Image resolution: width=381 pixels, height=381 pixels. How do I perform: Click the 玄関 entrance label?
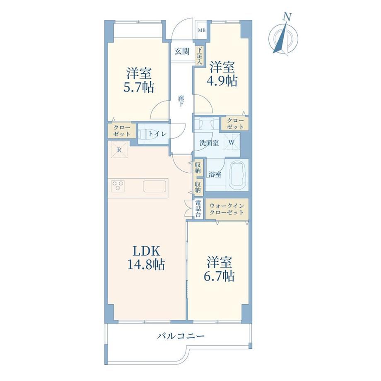[x=182, y=51]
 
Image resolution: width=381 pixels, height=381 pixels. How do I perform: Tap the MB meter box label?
[x=201, y=31]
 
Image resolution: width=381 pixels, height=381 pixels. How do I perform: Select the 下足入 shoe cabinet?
[x=200, y=55]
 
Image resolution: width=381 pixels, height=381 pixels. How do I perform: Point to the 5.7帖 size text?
[x=138, y=87]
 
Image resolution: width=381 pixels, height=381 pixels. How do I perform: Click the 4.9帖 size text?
[x=222, y=81]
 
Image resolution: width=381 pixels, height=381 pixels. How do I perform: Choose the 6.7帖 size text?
[x=219, y=276]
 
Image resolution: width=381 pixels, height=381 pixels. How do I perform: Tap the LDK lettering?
[x=146, y=251]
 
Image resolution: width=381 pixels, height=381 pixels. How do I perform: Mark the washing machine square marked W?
[x=231, y=142]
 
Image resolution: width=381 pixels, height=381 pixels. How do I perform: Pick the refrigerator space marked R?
[x=119, y=150]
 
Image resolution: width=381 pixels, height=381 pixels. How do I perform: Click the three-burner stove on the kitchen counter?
[x=118, y=186]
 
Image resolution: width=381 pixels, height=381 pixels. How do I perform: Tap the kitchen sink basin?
[x=154, y=186]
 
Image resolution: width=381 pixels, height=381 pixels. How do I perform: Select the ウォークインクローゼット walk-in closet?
[x=227, y=209]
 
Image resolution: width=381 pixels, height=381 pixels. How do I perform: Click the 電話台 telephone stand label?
[x=198, y=208]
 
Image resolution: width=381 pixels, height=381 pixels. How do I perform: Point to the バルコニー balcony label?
[x=180, y=336]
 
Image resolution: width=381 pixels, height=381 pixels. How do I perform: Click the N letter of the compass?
[x=287, y=17]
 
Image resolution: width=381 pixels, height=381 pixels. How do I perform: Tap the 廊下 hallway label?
[x=181, y=101]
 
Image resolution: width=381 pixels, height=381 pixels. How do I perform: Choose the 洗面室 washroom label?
[x=209, y=143]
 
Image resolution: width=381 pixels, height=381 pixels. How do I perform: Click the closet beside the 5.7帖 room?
[x=122, y=130]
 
